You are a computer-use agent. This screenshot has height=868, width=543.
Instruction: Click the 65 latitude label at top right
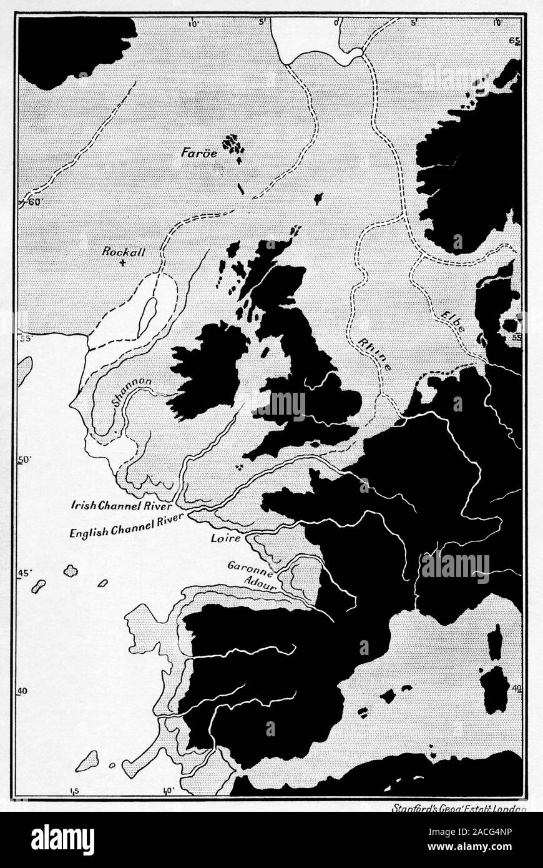(x=515, y=41)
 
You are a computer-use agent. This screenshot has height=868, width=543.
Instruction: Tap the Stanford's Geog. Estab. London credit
(x=459, y=806)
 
